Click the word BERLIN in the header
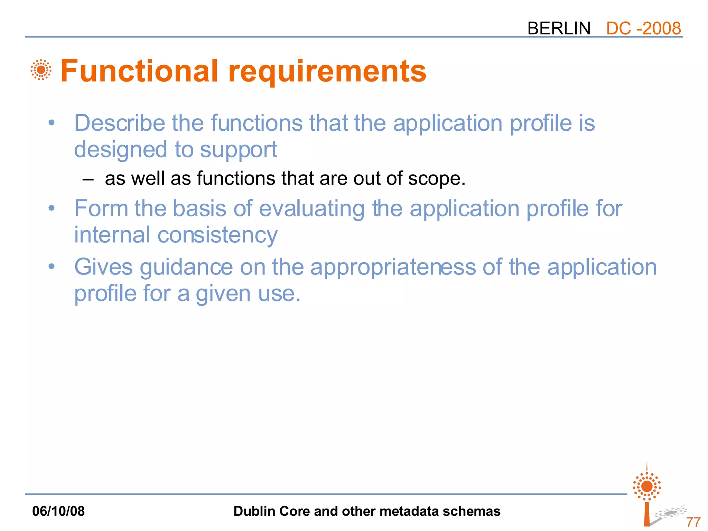(559, 28)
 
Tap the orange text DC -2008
(643, 28)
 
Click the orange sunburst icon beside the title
(41, 70)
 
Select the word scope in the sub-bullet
(434, 179)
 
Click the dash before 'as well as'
(88, 179)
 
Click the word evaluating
(311, 209)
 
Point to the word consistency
(217, 235)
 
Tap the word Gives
(103, 267)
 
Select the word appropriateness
(393, 268)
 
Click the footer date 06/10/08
(58, 511)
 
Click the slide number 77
(693, 522)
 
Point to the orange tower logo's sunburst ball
(647, 486)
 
